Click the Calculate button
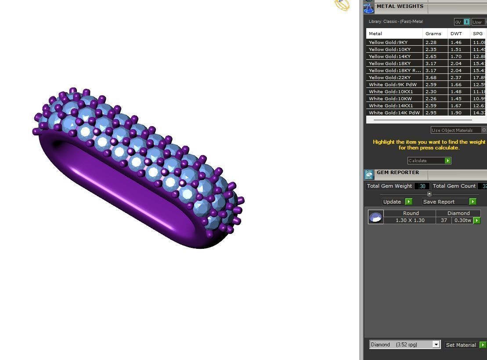pos(429,160)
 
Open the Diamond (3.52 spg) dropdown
pos(404,345)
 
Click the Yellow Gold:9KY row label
pos(388,43)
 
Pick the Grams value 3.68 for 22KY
pos(431,78)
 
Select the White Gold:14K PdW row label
pos(394,113)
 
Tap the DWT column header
pos(456,34)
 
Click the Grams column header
pos(433,34)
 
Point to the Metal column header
pos(375,34)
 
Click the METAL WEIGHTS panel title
pos(400,7)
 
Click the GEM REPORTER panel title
pos(397,173)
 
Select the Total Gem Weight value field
pos(422,186)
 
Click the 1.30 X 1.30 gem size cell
pos(410,220)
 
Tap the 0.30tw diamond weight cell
pos(462,220)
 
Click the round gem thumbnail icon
pos(375,217)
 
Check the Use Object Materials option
pos(484,130)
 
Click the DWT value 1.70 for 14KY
pos(456,57)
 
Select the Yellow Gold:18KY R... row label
pos(394,71)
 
